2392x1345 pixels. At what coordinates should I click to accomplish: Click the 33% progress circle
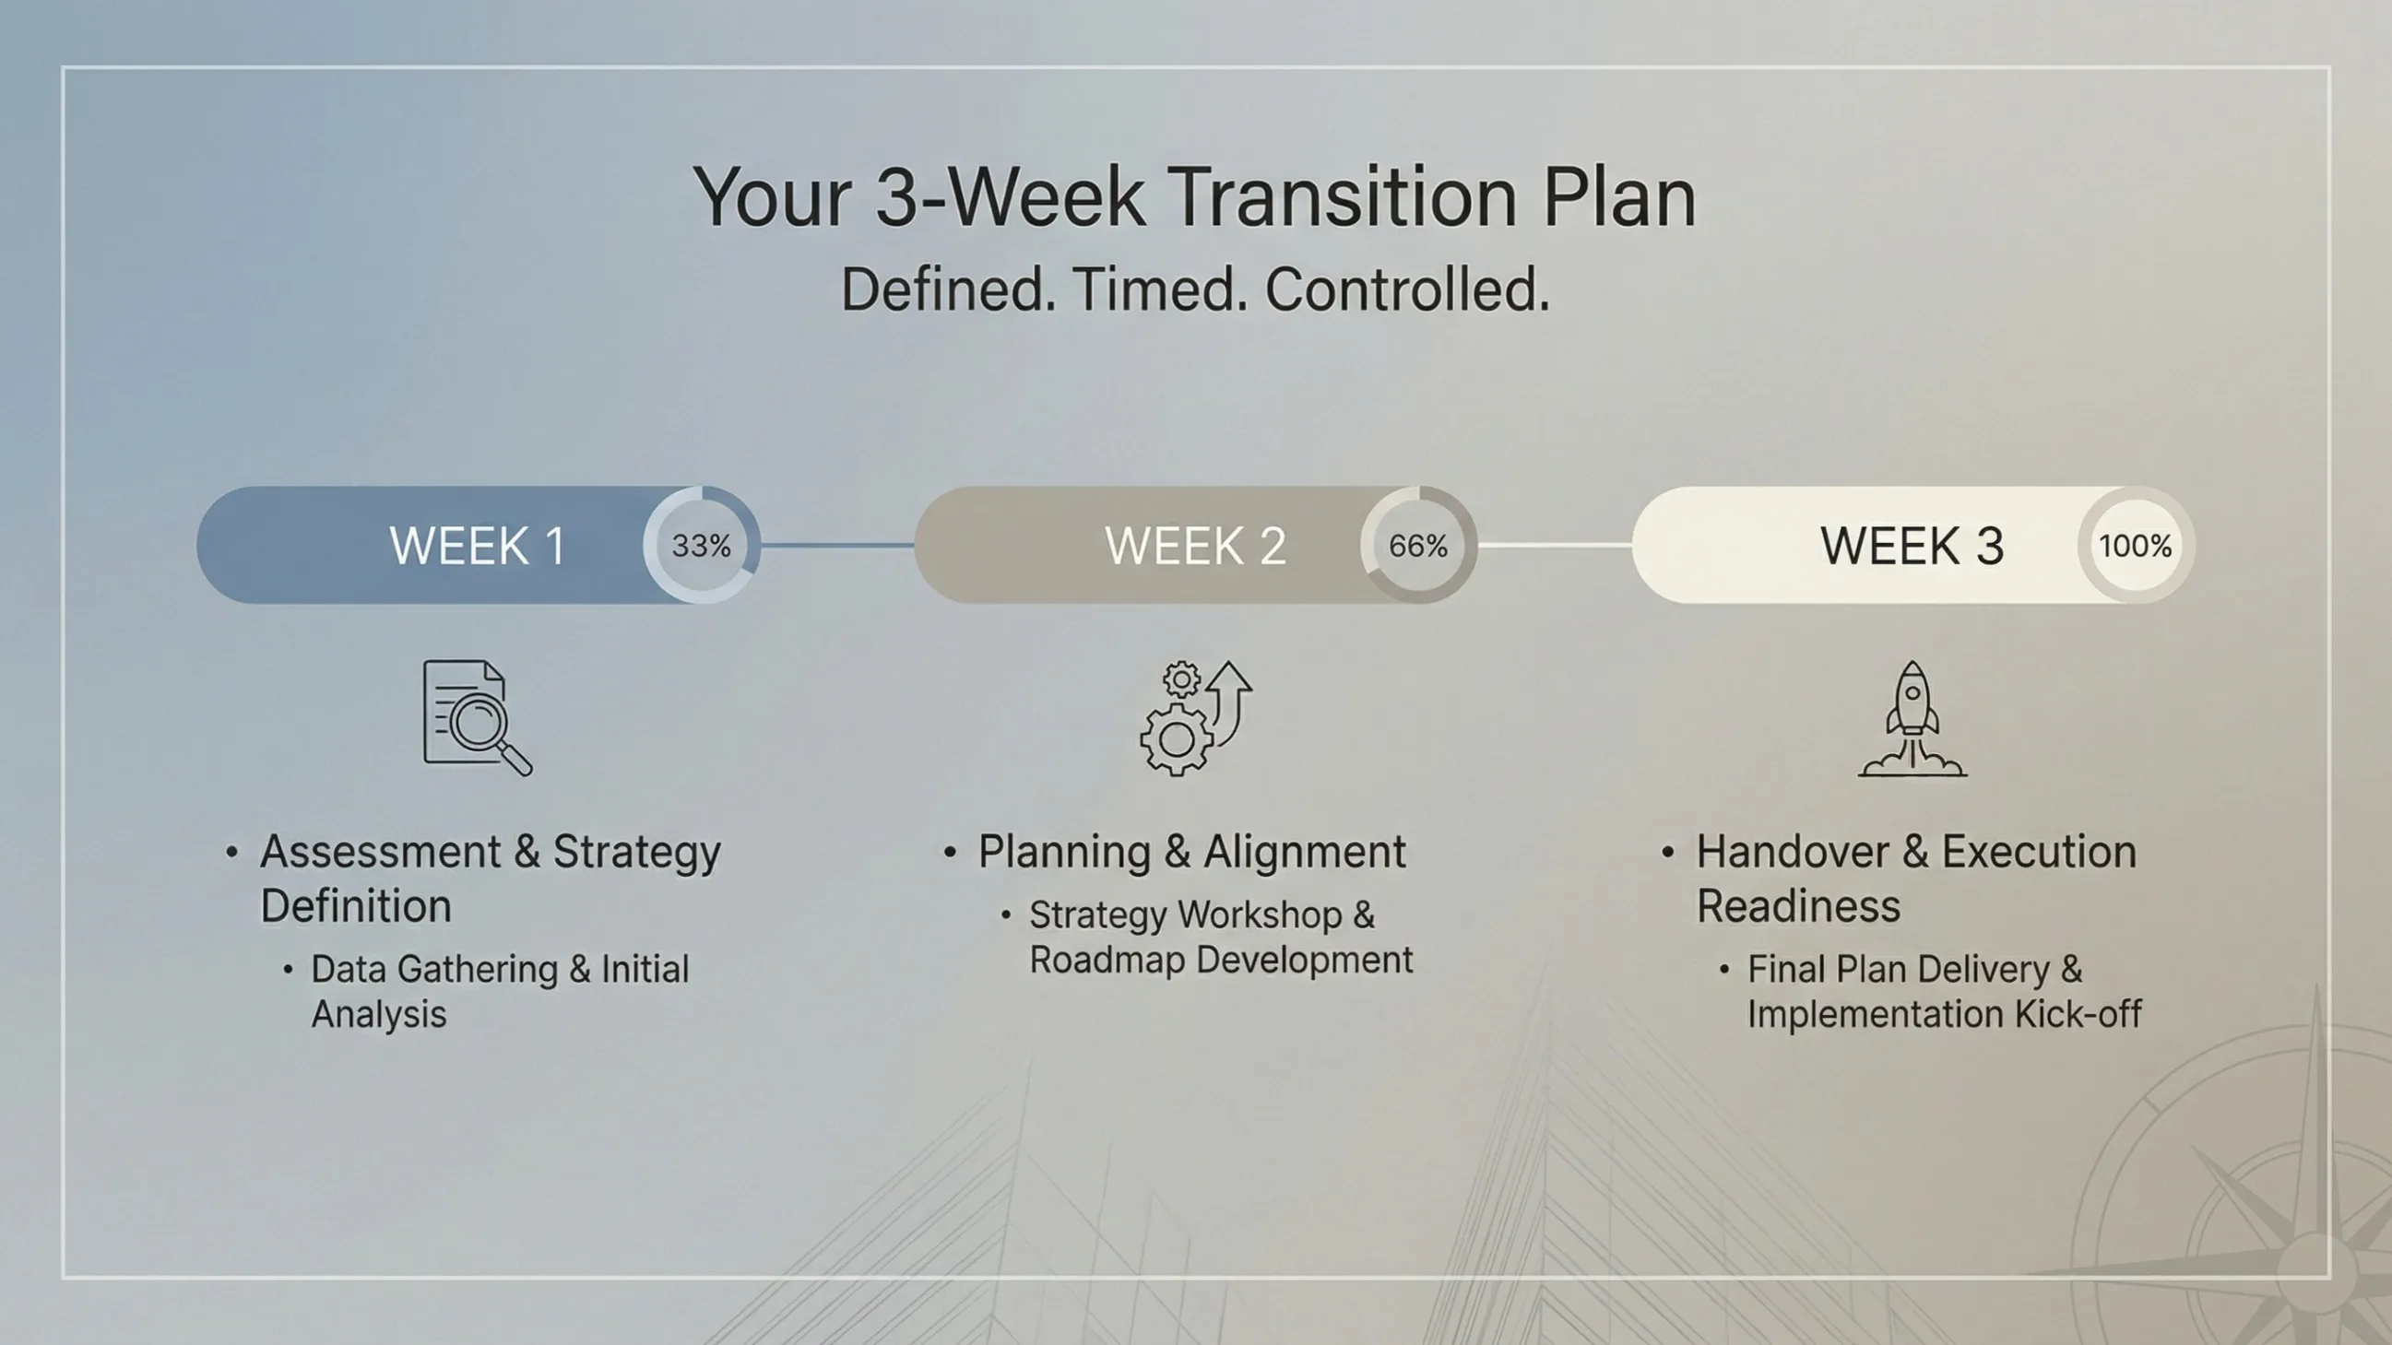click(702, 545)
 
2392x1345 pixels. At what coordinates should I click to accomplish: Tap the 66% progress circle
click(1419, 545)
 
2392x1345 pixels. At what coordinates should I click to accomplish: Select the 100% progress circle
click(2136, 545)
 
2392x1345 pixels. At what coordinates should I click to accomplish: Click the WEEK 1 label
click(478, 546)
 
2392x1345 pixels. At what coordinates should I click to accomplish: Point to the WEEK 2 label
click(1196, 546)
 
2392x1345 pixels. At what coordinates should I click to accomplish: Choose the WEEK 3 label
click(1912, 546)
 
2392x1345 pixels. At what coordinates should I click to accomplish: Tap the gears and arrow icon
click(1196, 717)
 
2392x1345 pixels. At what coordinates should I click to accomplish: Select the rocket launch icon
click(1912, 717)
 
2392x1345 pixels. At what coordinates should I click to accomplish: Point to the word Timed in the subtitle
click(1159, 289)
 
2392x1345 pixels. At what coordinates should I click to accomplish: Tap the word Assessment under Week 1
click(381, 851)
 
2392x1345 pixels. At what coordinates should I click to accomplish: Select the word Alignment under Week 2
click(1306, 852)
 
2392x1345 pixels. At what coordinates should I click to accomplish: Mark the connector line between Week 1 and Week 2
click(837, 545)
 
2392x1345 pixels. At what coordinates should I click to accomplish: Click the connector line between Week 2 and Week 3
click(1556, 545)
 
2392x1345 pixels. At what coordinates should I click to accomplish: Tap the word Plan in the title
click(1619, 196)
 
